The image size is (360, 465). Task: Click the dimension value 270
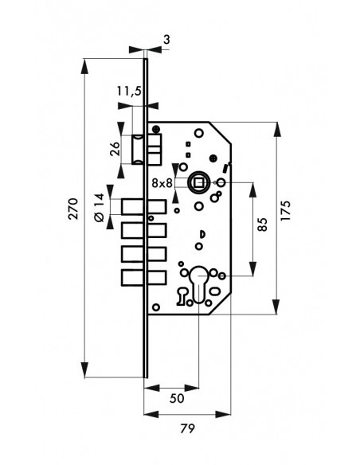pyautogui.click(x=73, y=209)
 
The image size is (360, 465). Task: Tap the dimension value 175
pyautogui.click(x=286, y=210)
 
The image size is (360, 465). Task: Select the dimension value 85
pyautogui.click(x=262, y=225)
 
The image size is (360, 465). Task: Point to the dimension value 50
pyautogui.click(x=177, y=398)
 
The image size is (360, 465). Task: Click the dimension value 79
pyautogui.click(x=187, y=428)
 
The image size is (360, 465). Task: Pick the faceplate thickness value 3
pyautogui.click(x=166, y=39)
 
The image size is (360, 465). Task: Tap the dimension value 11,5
pyautogui.click(x=129, y=91)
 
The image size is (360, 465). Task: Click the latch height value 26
pyautogui.click(x=115, y=149)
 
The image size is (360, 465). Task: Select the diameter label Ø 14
pyautogui.click(x=99, y=207)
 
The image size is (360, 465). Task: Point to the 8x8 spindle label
pyautogui.click(x=162, y=183)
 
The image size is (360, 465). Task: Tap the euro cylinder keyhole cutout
pyautogui.click(x=198, y=284)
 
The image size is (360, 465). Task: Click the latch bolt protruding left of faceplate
pyautogui.click(x=139, y=149)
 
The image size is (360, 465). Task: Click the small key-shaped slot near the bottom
pyautogui.click(x=181, y=296)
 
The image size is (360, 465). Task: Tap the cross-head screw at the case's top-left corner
pyautogui.click(x=156, y=129)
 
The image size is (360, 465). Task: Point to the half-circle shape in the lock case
pyautogui.click(x=202, y=234)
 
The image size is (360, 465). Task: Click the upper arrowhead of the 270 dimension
pyautogui.click(x=84, y=65)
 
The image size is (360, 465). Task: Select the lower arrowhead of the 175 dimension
pyautogui.click(x=276, y=307)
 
